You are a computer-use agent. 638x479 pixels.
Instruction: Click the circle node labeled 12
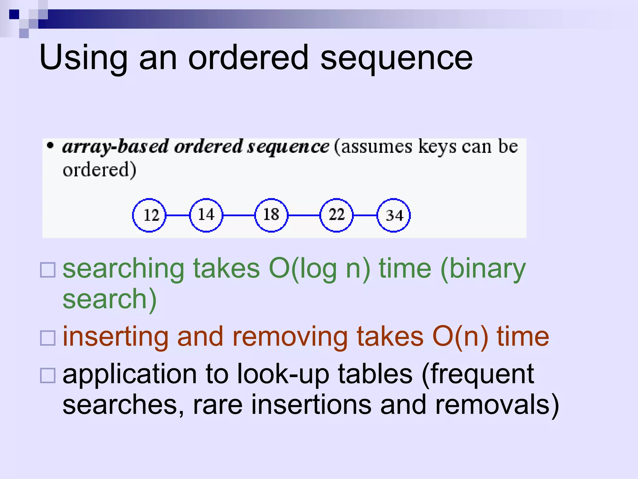tap(149, 215)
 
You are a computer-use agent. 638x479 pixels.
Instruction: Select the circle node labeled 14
tap(206, 215)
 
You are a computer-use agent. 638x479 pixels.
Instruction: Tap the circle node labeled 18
tap(271, 215)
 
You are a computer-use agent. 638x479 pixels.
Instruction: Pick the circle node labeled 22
tap(336, 215)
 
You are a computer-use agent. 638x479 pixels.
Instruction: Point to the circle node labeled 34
tap(394, 215)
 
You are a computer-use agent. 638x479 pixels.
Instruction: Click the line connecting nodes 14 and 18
tap(239, 215)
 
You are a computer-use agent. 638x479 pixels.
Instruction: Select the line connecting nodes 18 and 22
tap(304, 215)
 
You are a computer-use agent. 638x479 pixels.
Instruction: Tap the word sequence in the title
tap(396, 58)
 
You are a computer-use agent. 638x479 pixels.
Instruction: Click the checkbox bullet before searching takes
tap(48, 270)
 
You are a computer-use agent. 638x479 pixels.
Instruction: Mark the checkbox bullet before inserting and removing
tap(48, 338)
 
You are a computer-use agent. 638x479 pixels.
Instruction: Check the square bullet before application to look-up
tap(48, 375)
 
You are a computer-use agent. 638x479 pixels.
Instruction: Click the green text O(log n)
tap(319, 269)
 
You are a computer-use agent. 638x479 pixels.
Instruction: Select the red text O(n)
tap(460, 337)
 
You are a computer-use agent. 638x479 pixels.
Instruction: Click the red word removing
tap(290, 337)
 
